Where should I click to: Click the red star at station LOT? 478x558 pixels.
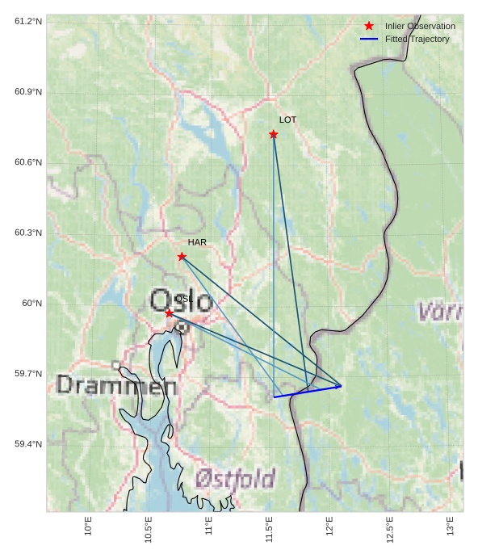[274, 134]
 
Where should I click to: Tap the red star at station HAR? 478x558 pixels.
[182, 257]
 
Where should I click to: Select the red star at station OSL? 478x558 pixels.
[169, 313]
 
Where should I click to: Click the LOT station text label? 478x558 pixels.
[288, 120]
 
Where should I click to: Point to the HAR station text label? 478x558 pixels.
[197, 242]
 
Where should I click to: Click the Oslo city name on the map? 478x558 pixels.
[182, 300]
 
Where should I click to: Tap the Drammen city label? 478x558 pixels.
[116, 385]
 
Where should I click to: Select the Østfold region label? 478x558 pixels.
[235, 479]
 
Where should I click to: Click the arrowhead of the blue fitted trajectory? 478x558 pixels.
[339, 386]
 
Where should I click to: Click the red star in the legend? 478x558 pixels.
[369, 26]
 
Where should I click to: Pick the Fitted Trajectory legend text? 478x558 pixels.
[417, 39]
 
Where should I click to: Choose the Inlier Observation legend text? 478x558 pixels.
[420, 26]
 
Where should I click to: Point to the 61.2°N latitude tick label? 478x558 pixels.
[28, 21]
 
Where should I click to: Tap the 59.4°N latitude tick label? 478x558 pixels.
[28, 445]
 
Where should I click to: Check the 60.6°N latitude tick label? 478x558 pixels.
[28, 162]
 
